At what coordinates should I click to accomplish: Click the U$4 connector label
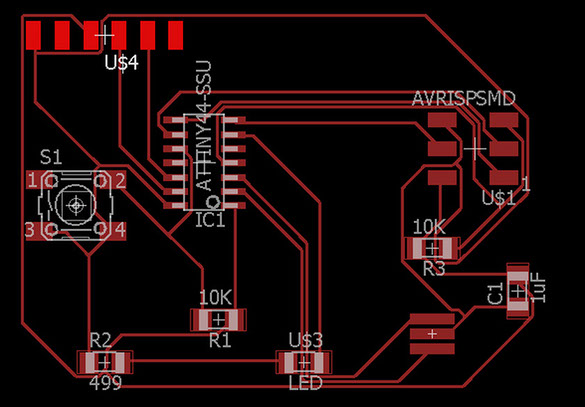[x=122, y=63]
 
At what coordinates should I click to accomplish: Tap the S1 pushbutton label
[x=51, y=158]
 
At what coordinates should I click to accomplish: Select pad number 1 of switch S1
[x=38, y=182]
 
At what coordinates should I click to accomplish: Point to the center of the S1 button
[x=76, y=205]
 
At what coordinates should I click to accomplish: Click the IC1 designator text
[x=210, y=220]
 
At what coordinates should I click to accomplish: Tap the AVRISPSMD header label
[x=464, y=98]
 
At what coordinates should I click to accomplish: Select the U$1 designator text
[x=498, y=198]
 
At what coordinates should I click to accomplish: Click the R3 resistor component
[x=433, y=248]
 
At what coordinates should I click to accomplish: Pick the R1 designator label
[x=220, y=340]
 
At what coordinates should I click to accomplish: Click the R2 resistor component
[x=105, y=362]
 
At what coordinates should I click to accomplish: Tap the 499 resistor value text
[x=106, y=383]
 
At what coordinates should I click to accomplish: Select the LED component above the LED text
[x=304, y=362]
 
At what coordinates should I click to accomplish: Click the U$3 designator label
[x=306, y=340]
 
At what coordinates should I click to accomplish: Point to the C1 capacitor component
[x=518, y=291]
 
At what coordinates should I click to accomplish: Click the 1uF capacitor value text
[x=540, y=290]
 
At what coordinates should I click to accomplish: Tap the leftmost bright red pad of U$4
[x=33, y=35]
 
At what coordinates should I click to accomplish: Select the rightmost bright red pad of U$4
[x=175, y=35]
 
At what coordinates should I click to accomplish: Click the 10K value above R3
[x=429, y=227]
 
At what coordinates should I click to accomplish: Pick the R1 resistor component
[x=219, y=320]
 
